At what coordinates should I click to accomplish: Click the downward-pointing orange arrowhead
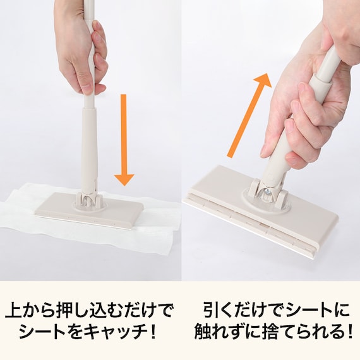(124, 179)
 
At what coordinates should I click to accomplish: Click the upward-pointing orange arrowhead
(263, 81)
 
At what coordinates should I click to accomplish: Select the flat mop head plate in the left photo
(90, 210)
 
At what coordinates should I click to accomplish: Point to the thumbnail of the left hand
(87, 89)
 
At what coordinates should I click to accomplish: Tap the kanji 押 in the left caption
(64, 310)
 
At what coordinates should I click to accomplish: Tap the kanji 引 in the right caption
(211, 310)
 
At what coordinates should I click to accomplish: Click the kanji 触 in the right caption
(202, 332)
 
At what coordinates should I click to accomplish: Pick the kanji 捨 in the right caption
(259, 332)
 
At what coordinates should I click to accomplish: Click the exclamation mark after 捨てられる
(350, 332)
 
